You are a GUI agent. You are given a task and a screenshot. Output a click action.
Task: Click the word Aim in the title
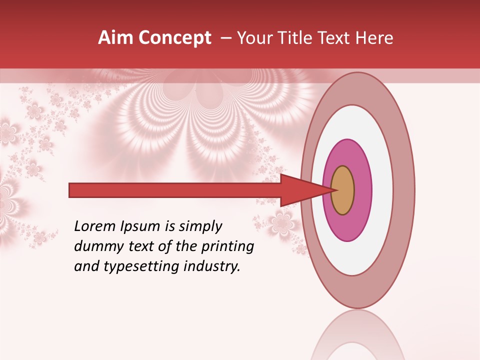point(115,38)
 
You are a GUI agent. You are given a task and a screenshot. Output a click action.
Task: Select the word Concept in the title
point(174,38)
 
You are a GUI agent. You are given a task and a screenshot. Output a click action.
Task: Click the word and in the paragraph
point(85,267)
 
